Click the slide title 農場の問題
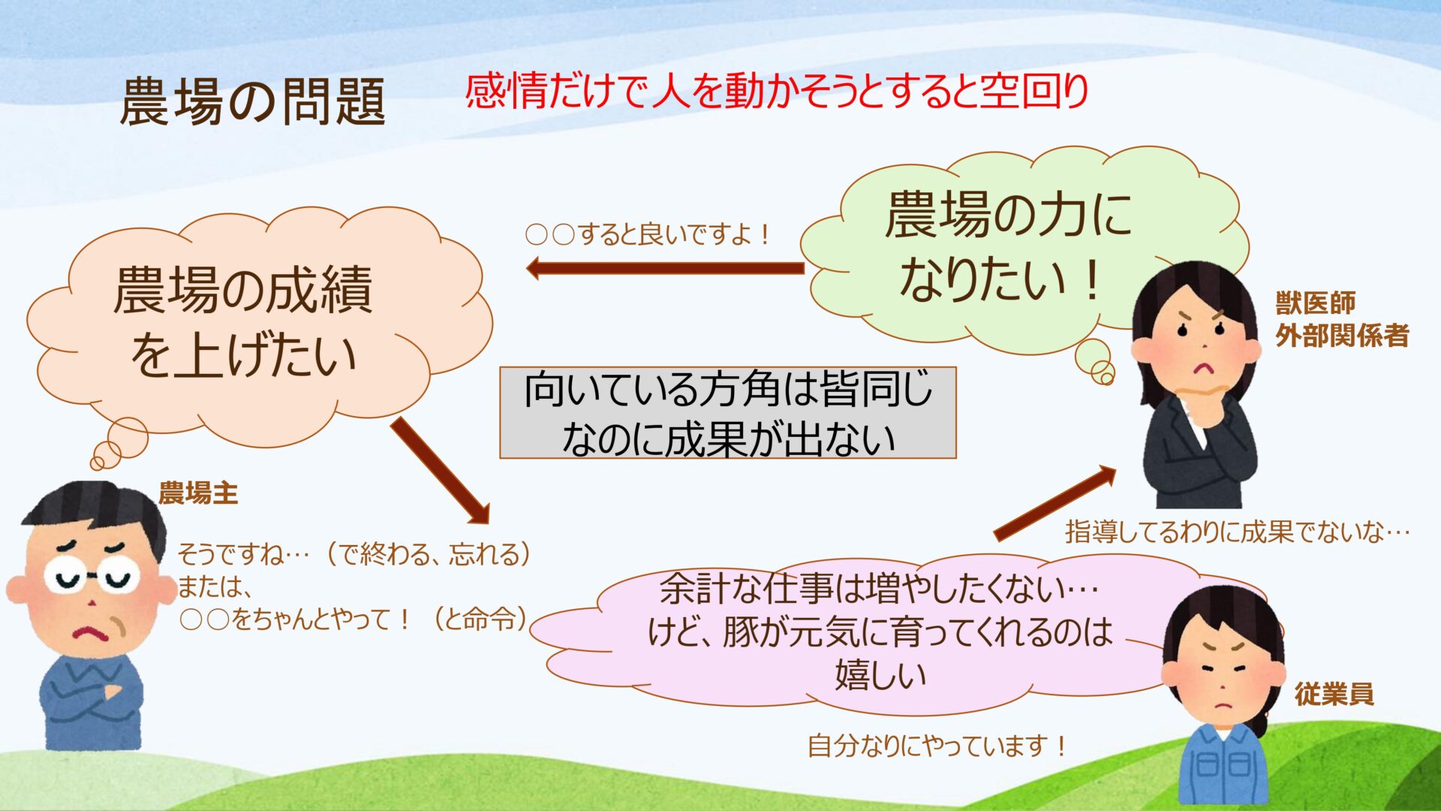[x=253, y=101]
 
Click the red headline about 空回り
[x=777, y=92]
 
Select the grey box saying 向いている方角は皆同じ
[x=728, y=412]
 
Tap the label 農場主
[x=198, y=493]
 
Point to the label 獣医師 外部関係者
[x=1342, y=319]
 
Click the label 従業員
[x=1334, y=694]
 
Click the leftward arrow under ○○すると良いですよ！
[x=665, y=268]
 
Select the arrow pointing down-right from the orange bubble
[x=441, y=471]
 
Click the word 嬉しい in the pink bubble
[x=881, y=674]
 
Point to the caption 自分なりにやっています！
[x=937, y=746]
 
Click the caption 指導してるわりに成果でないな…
[x=1238, y=532]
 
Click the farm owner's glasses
[x=92, y=577]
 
